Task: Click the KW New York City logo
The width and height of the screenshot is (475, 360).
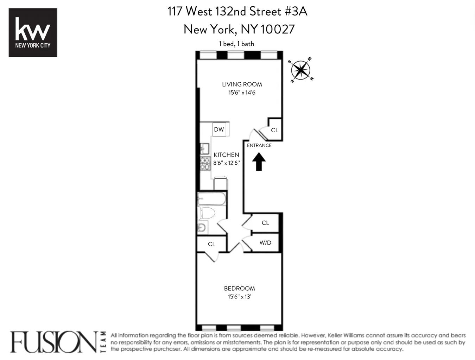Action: [33, 32]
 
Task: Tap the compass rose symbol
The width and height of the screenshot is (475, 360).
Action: [301, 70]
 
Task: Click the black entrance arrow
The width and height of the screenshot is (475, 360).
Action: [259, 162]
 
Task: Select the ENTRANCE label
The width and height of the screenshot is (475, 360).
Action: [259, 145]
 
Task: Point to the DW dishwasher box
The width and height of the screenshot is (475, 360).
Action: [219, 130]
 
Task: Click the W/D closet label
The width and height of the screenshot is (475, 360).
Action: [265, 243]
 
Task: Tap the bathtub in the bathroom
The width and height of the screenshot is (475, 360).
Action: [211, 199]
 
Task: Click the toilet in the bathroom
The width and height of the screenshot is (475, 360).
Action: [206, 213]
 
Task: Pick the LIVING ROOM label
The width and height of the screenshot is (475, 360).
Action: [242, 84]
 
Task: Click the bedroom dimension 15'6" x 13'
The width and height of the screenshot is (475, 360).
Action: [239, 297]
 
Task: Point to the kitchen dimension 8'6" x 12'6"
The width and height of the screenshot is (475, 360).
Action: [226, 163]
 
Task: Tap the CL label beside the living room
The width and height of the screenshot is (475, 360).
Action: [274, 130]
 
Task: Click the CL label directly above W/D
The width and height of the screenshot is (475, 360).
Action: [265, 223]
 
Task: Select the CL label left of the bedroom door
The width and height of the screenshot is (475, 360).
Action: [211, 244]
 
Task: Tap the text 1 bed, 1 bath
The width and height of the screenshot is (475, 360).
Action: [236, 44]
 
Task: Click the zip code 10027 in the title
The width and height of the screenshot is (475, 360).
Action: [277, 29]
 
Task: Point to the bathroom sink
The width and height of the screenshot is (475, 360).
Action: [202, 228]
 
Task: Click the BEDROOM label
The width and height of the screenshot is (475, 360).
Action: [239, 289]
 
